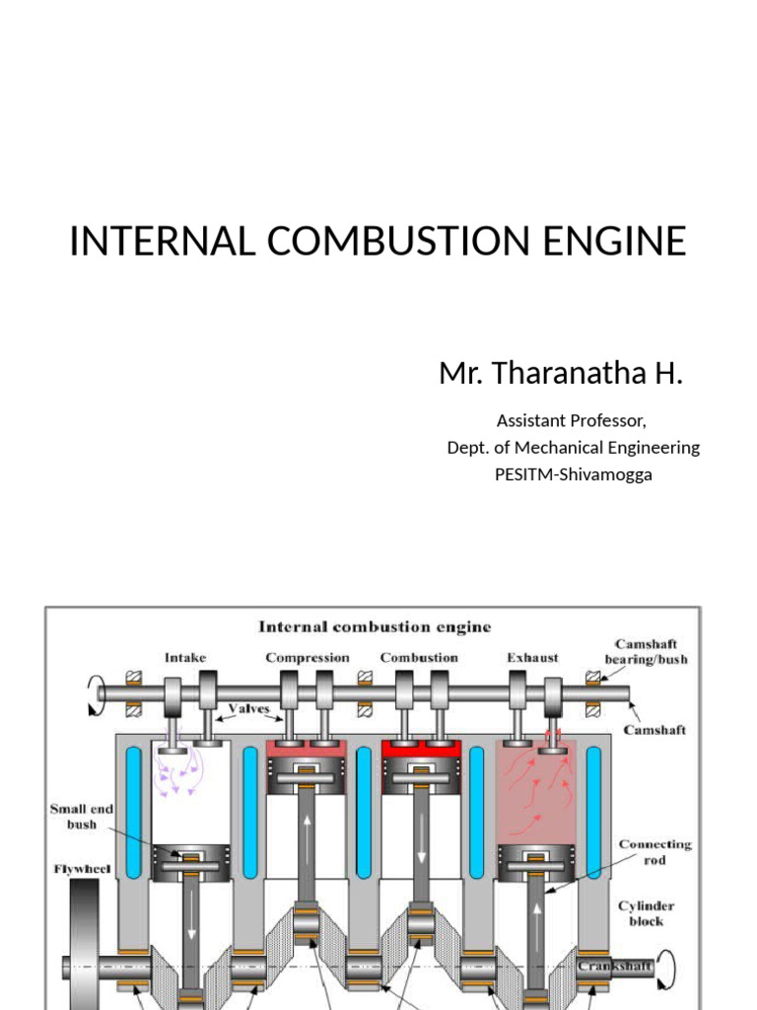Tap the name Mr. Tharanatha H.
click(561, 375)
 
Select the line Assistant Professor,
click(572, 421)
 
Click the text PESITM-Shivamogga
click(573, 474)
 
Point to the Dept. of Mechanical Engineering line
click(573, 448)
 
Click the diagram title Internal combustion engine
click(374, 627)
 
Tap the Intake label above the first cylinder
click(185, 657)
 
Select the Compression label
click(307, 657)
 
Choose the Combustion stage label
click(419, 657)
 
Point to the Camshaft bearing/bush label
click(647, 651)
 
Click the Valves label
click(249, 708)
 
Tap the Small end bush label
click(82, 817)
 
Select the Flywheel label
click(83, 869)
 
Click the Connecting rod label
click(655, 852)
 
